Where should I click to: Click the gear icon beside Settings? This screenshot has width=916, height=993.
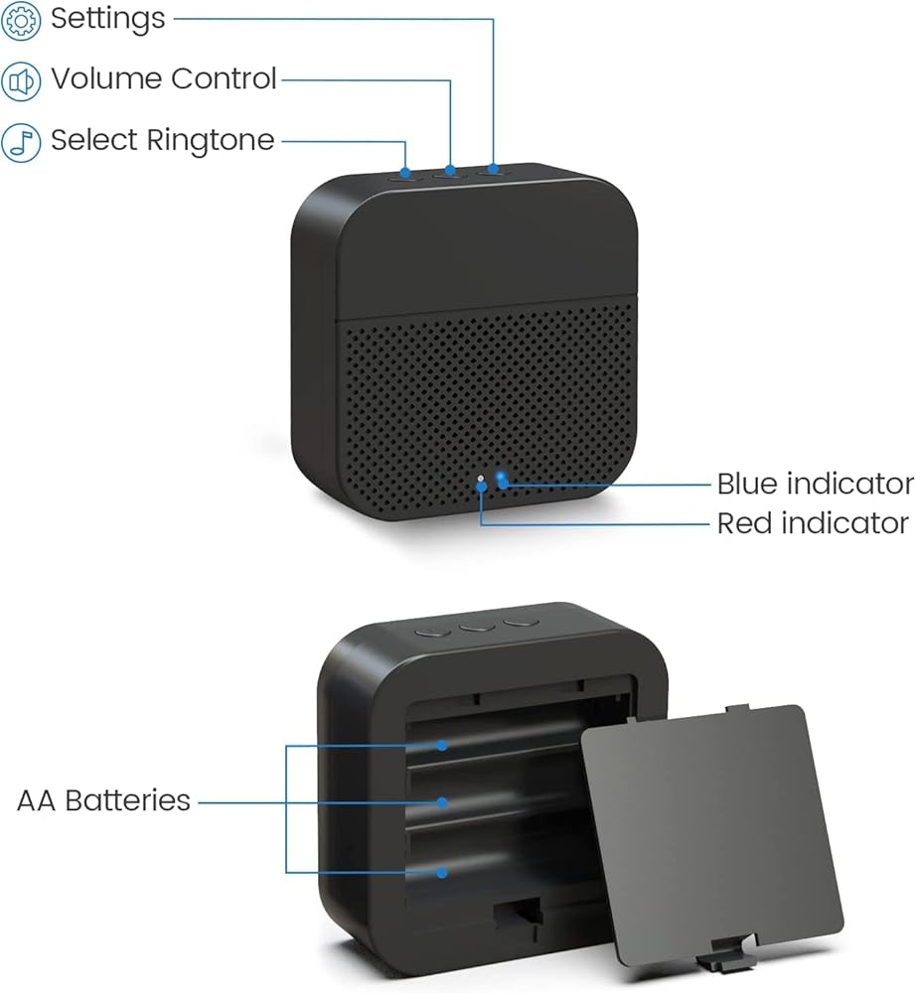tap(21, 21)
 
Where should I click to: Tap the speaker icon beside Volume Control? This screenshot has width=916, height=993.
tap(21, 81)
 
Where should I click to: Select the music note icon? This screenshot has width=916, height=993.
tap(21, 142)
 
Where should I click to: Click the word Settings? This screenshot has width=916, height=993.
tap(107, 19)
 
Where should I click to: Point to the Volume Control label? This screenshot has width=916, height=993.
tap(164, 79)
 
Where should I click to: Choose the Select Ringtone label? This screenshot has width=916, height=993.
tap(162, 140)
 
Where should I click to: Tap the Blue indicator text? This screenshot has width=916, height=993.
tap(816, 484)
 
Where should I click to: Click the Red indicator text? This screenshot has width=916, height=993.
tap(813, 523)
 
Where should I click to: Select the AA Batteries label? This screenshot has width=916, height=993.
tap(103, 800)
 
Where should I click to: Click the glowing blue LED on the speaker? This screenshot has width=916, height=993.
tap(502, 479)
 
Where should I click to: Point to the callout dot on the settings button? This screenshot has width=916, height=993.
tap(494, 169)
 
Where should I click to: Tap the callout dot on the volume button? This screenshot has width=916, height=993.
tap(450, 170)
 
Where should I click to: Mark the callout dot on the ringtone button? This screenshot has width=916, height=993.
tap(405, 172)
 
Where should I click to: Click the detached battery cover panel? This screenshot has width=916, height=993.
tap(712, 836)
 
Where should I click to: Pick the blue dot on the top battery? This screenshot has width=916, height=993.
tap(442, 746)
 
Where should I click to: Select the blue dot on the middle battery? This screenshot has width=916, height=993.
tap(442, 802)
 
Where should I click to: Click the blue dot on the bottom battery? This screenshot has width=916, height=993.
tap(442, 872)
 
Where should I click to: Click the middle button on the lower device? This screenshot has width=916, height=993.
tap(477, 627)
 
